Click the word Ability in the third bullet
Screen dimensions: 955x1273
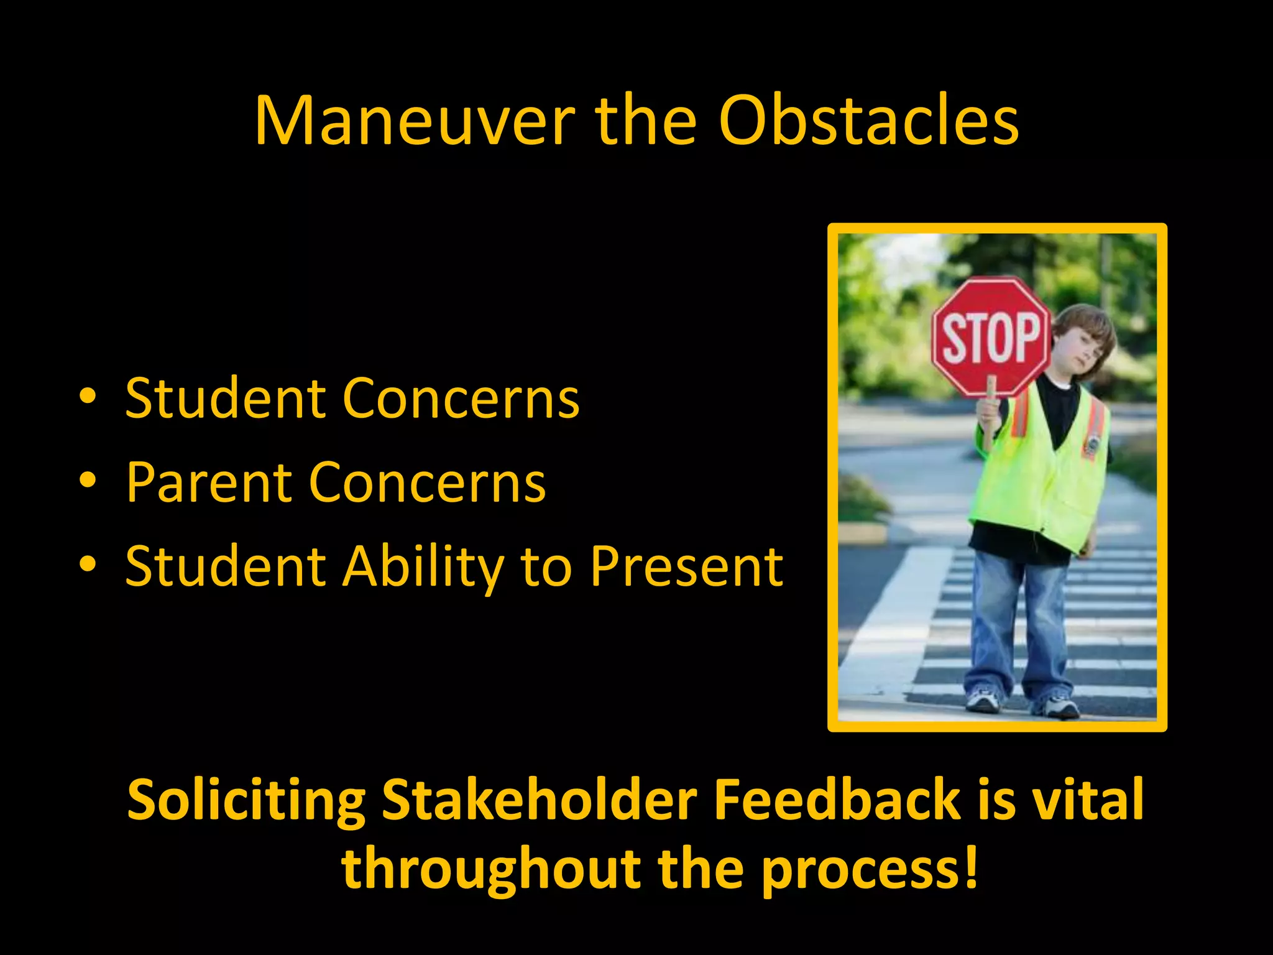pos(423,567)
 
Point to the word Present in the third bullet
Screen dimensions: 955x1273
pos(686,567)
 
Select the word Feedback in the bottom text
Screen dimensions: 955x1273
pos(837,800)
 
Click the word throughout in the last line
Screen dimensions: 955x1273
pos(491,869)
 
